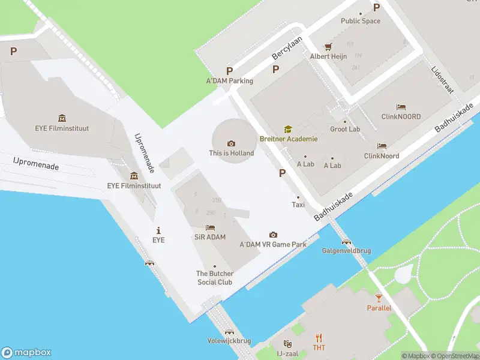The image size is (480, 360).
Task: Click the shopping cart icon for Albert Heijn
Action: point(328,46)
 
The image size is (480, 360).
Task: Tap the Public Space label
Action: point(361,21)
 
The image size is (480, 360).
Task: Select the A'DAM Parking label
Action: point(230,81)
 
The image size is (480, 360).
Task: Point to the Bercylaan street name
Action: point(287,46)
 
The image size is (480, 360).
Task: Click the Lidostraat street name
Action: point(443,79)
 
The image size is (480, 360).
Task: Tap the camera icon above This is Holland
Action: point(231,143)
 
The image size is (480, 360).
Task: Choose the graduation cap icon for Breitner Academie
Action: point(288,129)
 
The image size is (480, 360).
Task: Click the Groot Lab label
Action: point(345,129)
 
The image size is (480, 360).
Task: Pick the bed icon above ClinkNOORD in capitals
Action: point(401,107)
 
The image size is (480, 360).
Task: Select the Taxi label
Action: point(298,205)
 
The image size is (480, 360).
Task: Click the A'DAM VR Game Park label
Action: point(273,244)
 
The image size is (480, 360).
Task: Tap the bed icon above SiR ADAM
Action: point(210,227)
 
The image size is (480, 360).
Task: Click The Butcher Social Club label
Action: point(215,278)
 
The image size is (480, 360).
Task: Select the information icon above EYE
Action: point(158,230)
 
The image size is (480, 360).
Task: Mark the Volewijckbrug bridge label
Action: point(229,340)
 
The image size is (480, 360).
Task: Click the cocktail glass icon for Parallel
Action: point(379,298)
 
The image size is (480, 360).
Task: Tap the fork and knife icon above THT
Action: point(319,337)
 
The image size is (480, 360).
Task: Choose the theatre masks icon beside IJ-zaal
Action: point(287,344)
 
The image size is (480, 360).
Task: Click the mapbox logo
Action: point(26,353)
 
